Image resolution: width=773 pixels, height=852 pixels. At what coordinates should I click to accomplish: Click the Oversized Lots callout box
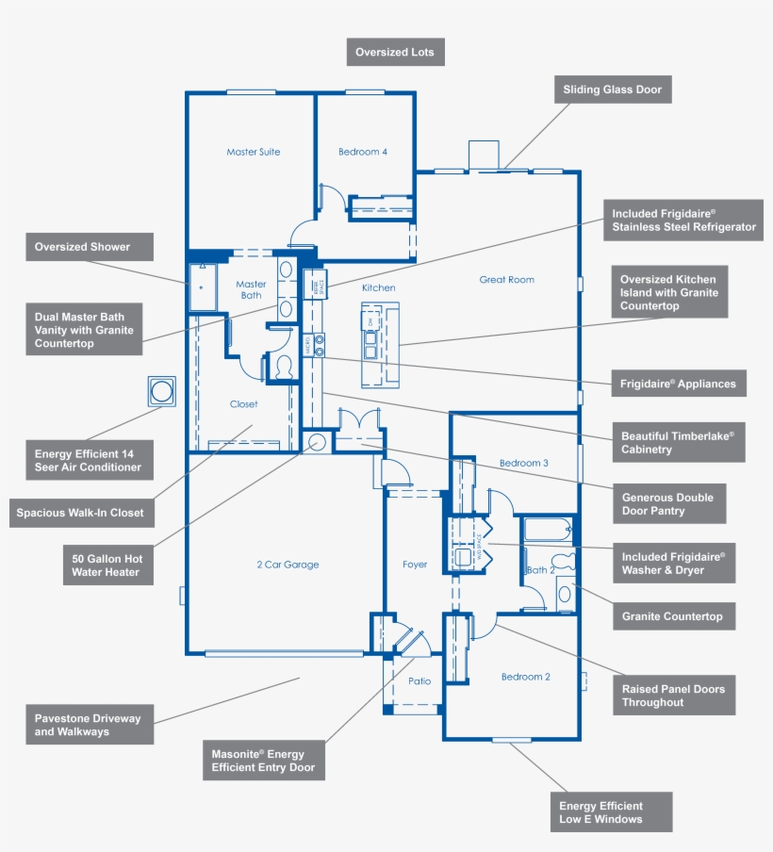point(396,53)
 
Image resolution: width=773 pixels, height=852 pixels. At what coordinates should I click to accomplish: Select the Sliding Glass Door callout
point(612,90)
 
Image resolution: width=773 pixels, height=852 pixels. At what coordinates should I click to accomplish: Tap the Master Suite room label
point(253,152)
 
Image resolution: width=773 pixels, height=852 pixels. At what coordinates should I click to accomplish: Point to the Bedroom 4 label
point(363,152)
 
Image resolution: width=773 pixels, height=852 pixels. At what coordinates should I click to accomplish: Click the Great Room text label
point(506,280)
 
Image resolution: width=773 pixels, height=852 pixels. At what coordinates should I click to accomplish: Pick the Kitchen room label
point(378,287)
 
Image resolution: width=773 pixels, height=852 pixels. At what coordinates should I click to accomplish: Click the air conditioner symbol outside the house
point(162,391)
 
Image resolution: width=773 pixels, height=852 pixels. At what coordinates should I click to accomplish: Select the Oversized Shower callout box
point(82,248)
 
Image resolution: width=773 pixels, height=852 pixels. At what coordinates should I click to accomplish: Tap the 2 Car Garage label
point(288,565)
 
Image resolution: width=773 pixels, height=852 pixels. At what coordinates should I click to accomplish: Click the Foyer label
point(415,565)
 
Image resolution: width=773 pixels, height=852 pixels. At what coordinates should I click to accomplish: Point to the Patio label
point(419,680)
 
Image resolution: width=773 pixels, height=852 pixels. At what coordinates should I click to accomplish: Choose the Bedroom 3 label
point(523,464)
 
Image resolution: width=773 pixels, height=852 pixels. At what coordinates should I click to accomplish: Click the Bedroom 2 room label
point(525,677)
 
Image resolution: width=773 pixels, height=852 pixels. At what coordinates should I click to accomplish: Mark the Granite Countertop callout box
point(672,616)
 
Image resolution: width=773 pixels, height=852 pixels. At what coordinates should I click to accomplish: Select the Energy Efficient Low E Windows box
point(611,812)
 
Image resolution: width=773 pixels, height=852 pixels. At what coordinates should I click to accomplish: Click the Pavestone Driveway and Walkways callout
point(90,725)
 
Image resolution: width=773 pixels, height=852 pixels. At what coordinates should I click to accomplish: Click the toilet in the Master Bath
point(283,366)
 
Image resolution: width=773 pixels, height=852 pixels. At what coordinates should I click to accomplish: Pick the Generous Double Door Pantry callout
point(668,504)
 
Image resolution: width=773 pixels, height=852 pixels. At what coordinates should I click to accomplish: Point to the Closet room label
point(243,404)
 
